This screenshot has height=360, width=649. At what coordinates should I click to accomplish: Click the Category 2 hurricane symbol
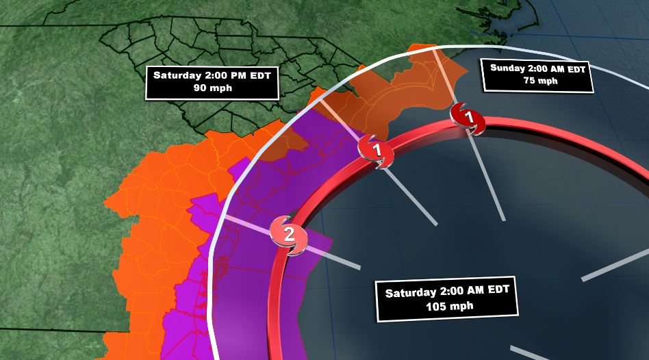click(x=289, y=235)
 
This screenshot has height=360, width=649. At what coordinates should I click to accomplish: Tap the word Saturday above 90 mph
click(x=177, y=75)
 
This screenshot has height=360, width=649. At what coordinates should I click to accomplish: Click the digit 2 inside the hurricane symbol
click(x=289, y=235)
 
